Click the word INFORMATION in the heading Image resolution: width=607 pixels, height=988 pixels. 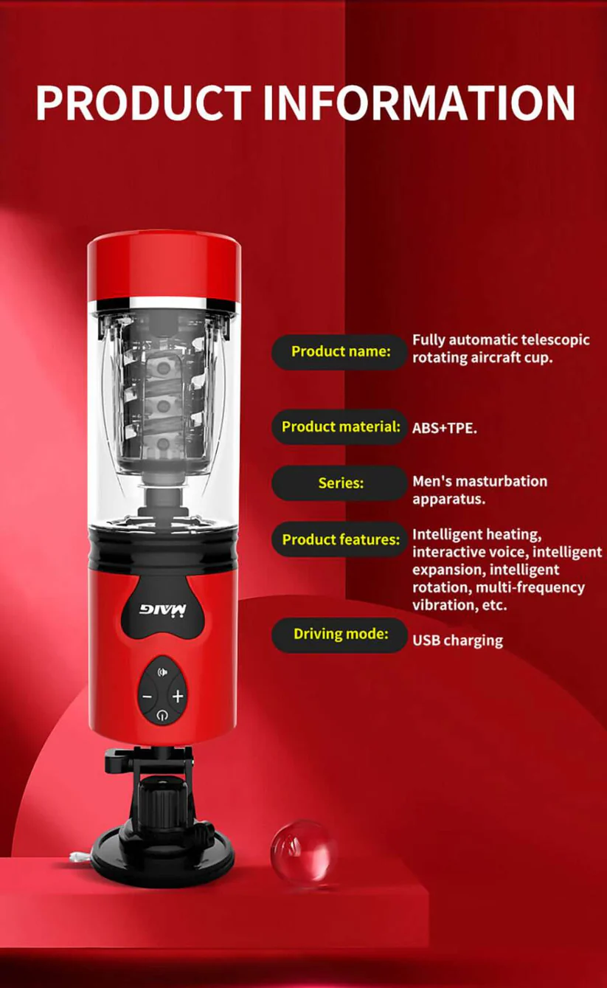(x=419, y=103)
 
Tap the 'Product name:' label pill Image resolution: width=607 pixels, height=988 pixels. (x=340, y=351)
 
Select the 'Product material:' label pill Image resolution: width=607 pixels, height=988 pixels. (x=340, y=426)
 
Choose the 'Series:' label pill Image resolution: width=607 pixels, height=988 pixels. (x=340, y=483)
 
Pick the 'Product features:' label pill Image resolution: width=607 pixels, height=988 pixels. (x=340, y=539)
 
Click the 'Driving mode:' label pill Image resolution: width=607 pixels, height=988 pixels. (x=340, y=635)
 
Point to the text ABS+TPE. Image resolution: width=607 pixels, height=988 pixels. (x=444, y=427)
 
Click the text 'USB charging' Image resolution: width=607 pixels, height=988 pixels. (x=457, y=640)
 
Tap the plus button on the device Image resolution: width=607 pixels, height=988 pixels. (x=178, y=696)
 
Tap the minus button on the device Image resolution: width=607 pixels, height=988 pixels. (x=147, y=696)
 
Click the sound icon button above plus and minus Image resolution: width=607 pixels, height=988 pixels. (x=162, y=673)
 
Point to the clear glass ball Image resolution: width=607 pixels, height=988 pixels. (x=303, y=853)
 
